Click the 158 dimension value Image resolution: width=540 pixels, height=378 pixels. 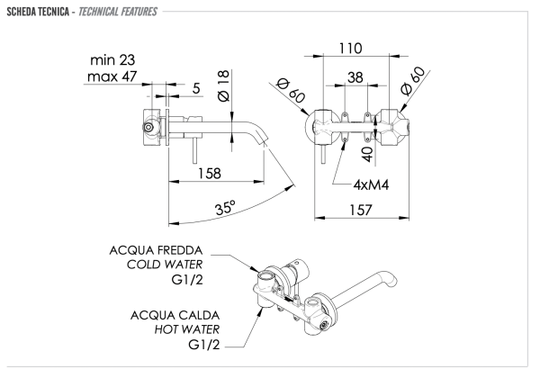point(211,174)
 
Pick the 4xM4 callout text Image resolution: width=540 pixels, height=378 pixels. point(373,184)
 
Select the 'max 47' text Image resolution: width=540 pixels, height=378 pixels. point(114,78)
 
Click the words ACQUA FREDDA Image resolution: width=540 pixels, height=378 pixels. point(157,249)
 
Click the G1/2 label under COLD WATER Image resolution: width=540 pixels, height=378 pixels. point(186,280)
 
